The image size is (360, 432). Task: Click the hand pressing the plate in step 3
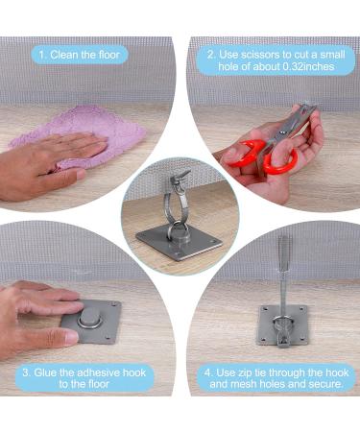(x=34, y=317)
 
